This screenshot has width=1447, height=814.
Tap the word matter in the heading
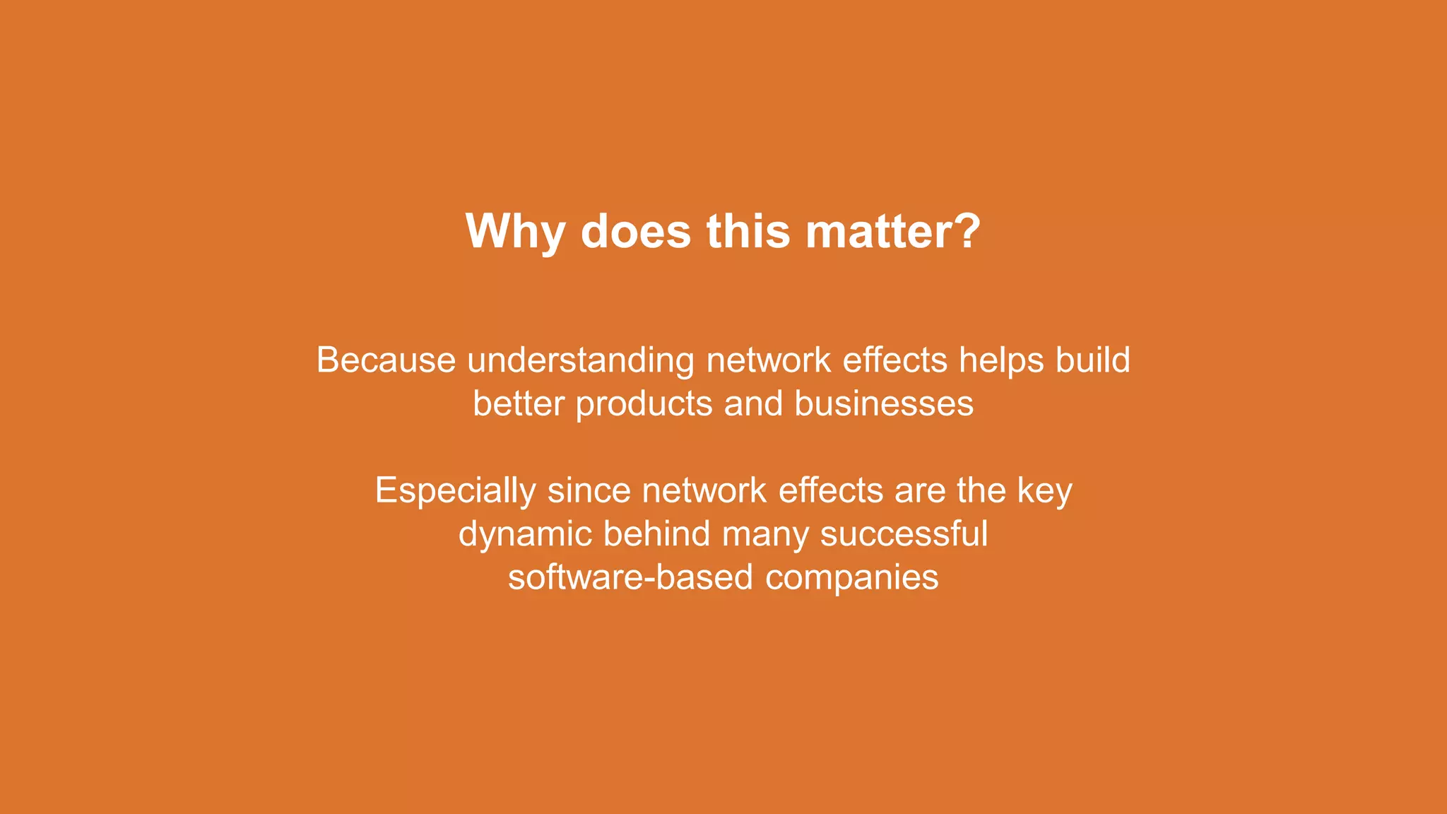coord(881,232)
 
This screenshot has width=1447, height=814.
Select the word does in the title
coord(635,232)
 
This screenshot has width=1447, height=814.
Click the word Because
coord(386,360)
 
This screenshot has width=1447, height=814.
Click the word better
coord(519,404)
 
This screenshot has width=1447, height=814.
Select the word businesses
coord(884,404)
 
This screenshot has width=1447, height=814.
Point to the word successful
coord(904,533)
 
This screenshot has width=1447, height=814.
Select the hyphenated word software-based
coord(630,577)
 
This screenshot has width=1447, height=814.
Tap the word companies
coord(851,579)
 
